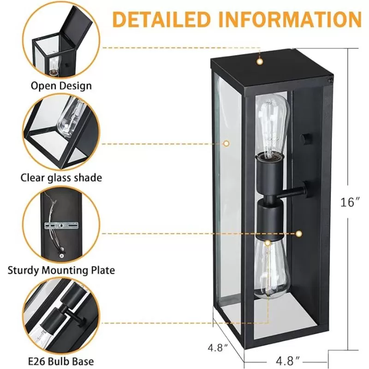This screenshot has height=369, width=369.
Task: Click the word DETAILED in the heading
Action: tap(161, 19)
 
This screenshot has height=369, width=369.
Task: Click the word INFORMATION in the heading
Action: tap(290, 19)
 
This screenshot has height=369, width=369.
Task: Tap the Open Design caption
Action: tap(61, 86)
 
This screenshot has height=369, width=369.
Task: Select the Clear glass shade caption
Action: tap(61, 178)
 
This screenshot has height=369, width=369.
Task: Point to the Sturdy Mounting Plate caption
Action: tap(61, 270)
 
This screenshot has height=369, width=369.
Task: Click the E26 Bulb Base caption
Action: tap(61, 361)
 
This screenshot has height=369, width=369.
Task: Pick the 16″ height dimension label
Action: tap(350, 202)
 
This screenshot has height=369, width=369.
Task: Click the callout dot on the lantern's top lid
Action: tap(260, 62)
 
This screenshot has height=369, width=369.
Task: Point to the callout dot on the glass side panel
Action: tap(226, 143)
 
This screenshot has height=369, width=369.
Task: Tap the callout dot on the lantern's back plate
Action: tap(298, 234)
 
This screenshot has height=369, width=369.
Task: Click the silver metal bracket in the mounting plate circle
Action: tap(61, 226)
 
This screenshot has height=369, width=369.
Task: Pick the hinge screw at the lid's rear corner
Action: tap(330, 80)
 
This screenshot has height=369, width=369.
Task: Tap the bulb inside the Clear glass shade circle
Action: tap(71, 119)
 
